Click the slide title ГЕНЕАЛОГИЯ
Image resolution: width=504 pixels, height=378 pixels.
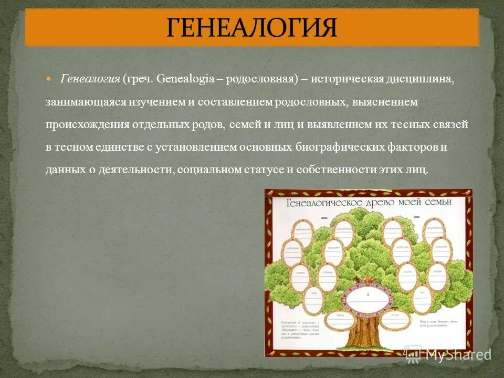(x=252, y=27)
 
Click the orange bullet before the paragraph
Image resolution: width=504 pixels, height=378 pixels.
(x=50, y=79)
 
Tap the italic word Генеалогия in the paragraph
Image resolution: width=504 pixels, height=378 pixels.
(x=91, y=79)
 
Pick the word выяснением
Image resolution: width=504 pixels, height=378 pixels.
(x=385, y=102)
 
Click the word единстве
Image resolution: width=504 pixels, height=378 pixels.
(x=115, y=148)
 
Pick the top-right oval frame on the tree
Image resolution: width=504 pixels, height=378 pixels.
(x=434, y=229)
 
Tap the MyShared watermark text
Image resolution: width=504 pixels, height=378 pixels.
(x=457, y=354)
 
